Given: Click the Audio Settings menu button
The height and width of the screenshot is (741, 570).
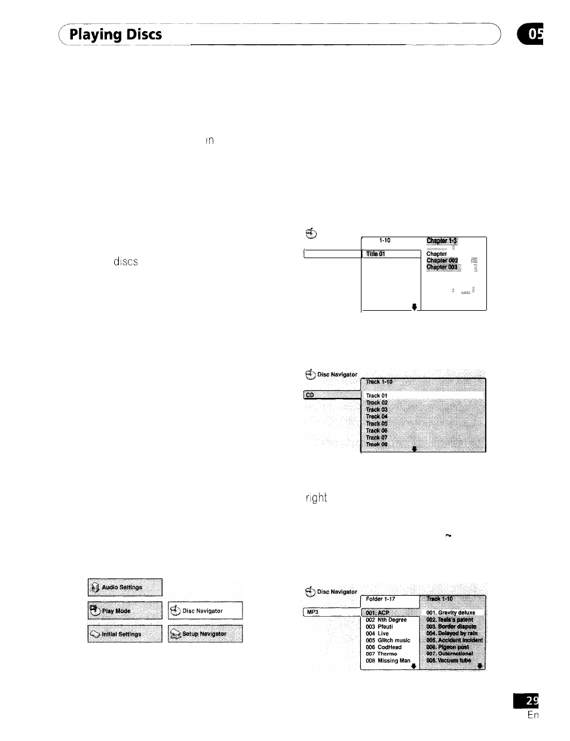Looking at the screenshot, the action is tap(125, 587).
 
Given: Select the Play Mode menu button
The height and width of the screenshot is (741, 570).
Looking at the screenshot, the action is tap(125, 611).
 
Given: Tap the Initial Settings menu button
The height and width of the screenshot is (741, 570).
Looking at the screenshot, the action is tap(125, 634).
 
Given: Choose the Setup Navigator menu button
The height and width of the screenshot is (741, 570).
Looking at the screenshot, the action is tap(205, 634).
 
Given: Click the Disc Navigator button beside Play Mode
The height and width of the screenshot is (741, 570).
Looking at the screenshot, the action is tap(205, 611).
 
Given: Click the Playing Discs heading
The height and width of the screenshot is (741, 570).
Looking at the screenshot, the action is tap(115, 35).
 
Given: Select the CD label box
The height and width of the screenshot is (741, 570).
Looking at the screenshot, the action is tap(332, 395).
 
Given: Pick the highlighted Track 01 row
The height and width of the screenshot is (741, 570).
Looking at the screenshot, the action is tap(423, 396).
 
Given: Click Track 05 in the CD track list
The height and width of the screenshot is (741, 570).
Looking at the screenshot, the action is tap(377, 424).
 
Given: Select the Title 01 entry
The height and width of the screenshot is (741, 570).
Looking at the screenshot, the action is tap(391, 254).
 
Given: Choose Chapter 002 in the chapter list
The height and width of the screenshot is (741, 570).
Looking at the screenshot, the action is tap(442, 261).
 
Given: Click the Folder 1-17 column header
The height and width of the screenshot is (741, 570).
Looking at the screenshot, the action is tap(390, 599).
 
